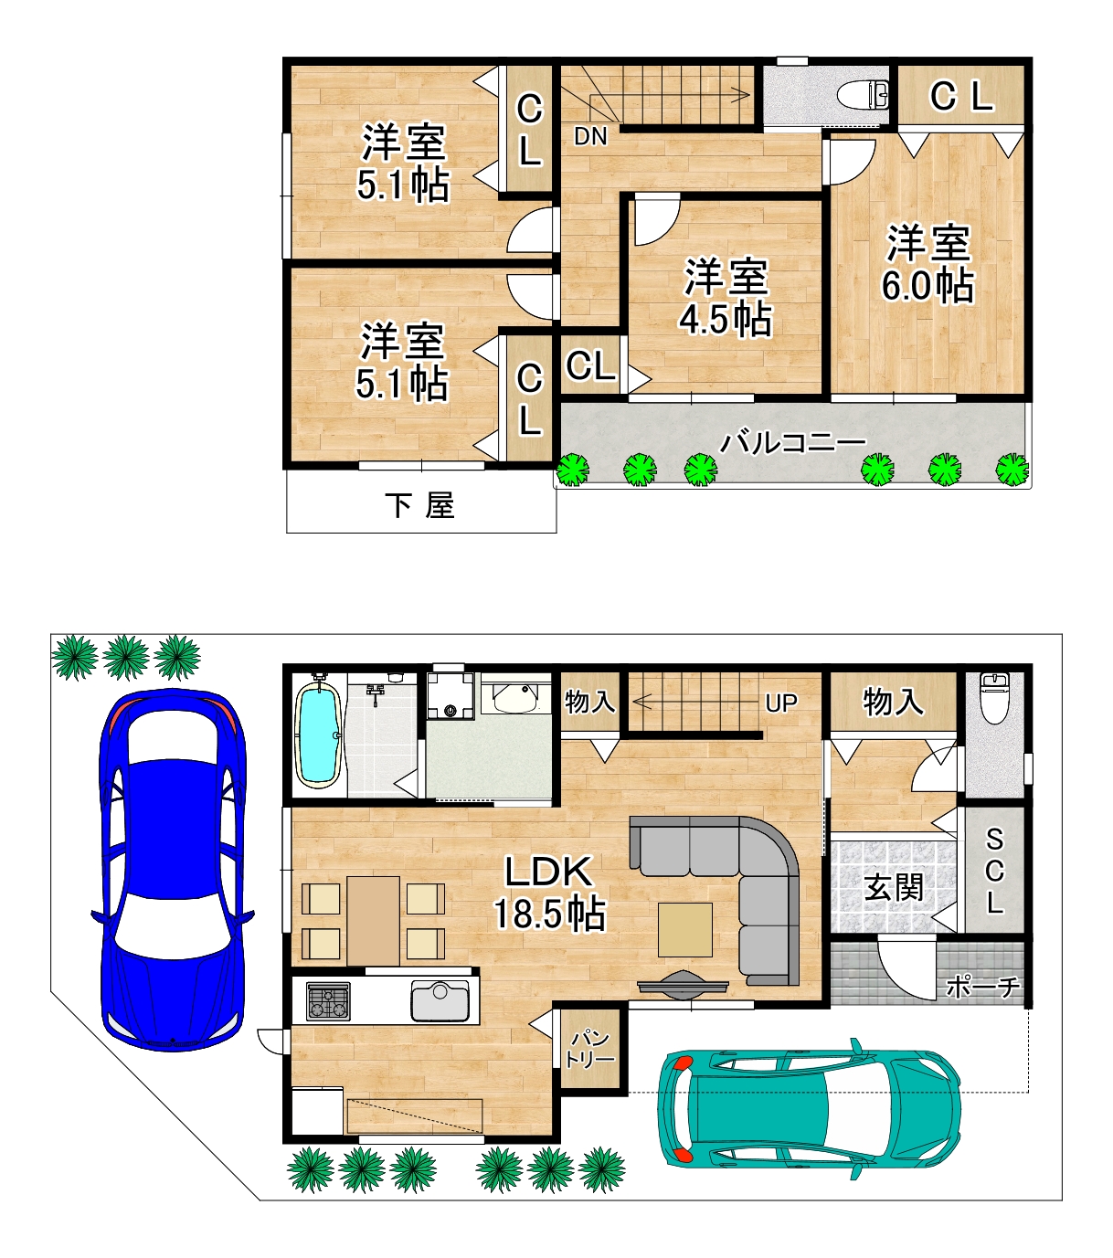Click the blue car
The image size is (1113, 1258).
[173, 869]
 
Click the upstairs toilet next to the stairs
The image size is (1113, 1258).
[863, 95]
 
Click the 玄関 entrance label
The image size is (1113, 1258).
[894, 887]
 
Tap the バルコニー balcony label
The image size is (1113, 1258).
[792, 442]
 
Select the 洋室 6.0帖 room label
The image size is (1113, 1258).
[927, 265]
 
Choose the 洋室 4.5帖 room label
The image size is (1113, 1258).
[726, 298]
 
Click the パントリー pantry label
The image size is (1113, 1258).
[590, 1050]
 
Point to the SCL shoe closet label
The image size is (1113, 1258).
[994, 872]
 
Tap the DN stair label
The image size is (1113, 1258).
[590, 137]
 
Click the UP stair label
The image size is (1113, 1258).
[781, 703]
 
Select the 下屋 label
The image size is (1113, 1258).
[419, 505]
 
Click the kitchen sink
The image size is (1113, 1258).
[440, 1000]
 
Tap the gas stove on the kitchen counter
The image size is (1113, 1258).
[328, 1001]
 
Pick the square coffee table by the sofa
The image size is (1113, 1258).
[685, 930]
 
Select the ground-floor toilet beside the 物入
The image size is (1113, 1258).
[994, 699]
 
